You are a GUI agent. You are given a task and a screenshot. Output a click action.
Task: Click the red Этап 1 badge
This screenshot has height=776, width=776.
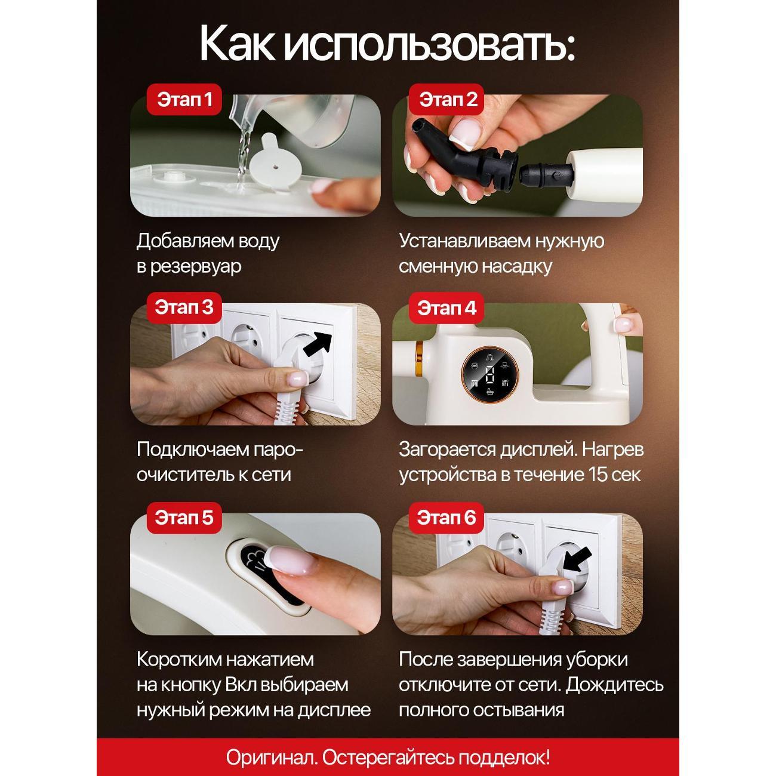[184, 99]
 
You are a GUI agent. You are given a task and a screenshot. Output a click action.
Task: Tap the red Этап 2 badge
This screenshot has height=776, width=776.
[446, 99]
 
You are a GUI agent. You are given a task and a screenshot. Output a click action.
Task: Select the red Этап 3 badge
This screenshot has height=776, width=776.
[184, 307]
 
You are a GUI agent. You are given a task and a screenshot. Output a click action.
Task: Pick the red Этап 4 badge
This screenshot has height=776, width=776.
[446, 308]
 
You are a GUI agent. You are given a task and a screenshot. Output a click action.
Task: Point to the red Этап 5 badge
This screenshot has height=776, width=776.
[184, 518]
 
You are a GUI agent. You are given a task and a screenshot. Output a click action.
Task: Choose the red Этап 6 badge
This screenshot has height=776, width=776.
[446, 518]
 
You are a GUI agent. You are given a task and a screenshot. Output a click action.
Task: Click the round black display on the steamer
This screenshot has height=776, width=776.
[489, 374]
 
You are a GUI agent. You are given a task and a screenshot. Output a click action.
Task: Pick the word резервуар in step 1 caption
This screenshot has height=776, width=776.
[196, 267]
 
